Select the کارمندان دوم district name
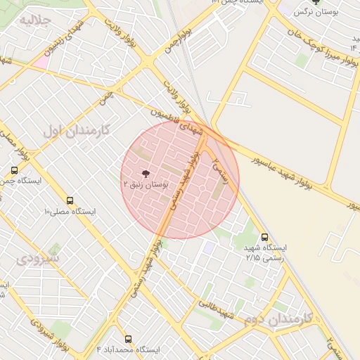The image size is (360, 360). tap(281, 319)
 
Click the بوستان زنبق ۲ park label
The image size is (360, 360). tap(146, 184)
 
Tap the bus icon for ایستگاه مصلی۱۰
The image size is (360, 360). tap(70, 200)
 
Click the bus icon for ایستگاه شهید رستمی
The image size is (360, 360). tap(264, 237)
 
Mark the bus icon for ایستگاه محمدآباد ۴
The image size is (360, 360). tap(128, 339)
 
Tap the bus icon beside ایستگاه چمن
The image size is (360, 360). tap(15, 170)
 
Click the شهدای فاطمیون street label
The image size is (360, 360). tap(179, 122)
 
